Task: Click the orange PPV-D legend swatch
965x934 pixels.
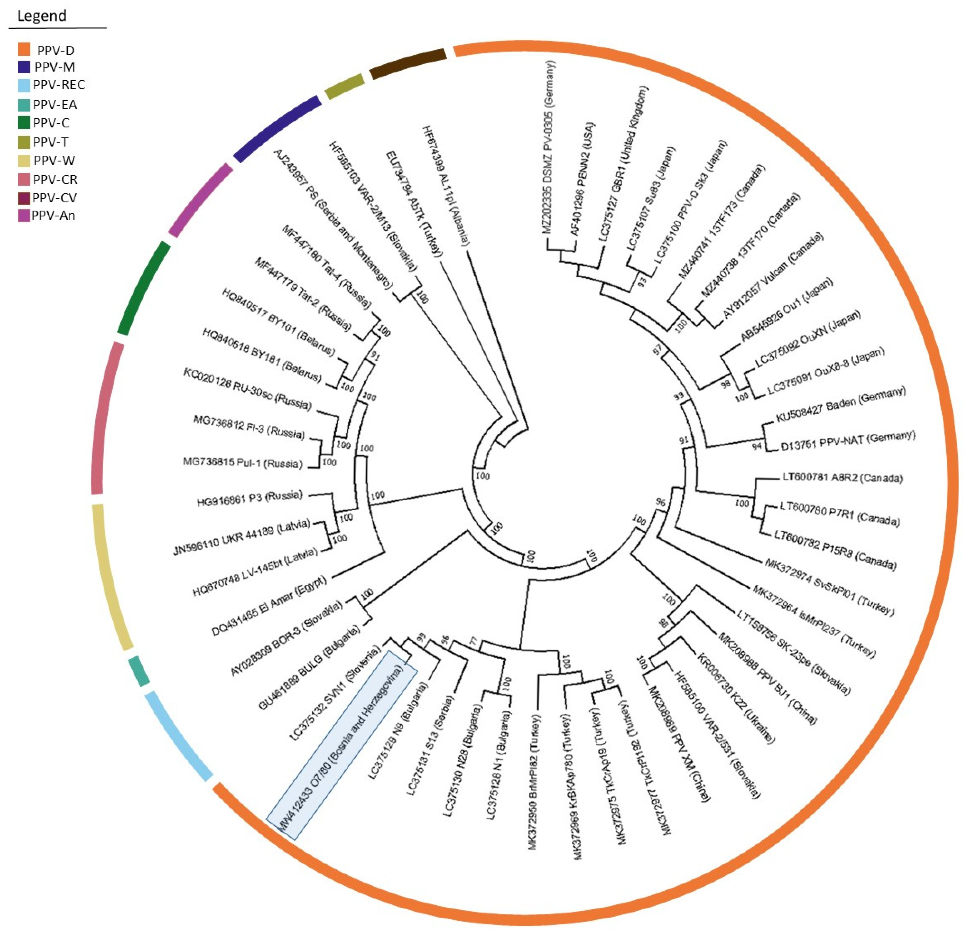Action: (24, 49)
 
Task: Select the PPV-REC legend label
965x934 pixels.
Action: (59, 85)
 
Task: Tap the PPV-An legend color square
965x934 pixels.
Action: (24, 216)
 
